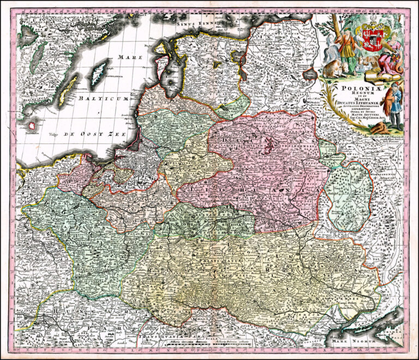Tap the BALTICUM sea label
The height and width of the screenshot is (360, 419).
coord(104,99)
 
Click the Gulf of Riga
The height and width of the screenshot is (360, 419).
coord(175,74)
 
